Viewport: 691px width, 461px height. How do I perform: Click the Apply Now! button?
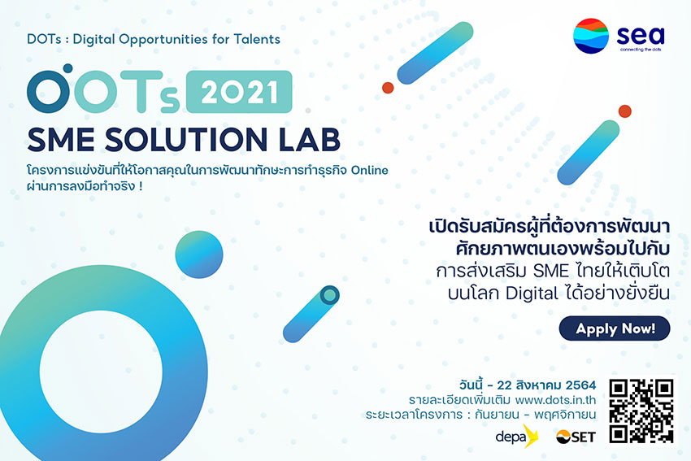pos(615,328)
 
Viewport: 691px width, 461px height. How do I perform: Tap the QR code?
pos(641,411)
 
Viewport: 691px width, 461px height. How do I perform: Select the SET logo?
pos(576,437)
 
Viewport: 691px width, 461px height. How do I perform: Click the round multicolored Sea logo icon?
pos(590,36)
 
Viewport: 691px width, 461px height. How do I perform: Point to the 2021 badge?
pos(239,92)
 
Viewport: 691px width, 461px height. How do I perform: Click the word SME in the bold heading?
pos(61,140)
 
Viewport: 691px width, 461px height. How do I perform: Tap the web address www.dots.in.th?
pos(555,400)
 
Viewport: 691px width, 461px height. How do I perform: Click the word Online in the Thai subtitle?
pos(369,170)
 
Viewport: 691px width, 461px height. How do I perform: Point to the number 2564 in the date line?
pos(580,385)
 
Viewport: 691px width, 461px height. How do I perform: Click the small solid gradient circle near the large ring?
pos(199,254)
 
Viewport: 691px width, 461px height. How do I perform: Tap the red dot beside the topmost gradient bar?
pos(388,88)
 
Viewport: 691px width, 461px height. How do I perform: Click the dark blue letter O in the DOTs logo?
pos(49,91)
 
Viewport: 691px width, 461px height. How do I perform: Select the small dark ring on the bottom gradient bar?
pos(329,295)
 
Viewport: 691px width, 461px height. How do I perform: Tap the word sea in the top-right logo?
pos(641,35)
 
